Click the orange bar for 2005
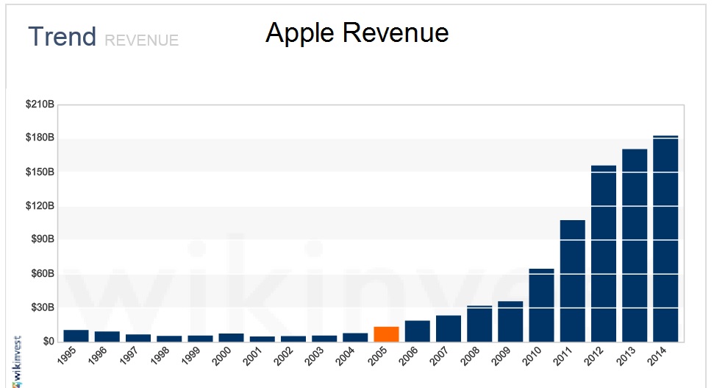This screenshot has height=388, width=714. (386, 334)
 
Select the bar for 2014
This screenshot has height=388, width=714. (665, 239)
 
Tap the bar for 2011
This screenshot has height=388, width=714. (572, 281)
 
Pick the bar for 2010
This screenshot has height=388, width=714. (541, 305)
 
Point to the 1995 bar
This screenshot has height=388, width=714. (76, 336)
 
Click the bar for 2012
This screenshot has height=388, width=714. (604, 253)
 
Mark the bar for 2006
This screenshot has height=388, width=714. (417, 331)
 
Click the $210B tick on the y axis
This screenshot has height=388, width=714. (40, 105)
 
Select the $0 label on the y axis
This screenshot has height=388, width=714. (47, 341)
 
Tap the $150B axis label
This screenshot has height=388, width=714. (40, 172)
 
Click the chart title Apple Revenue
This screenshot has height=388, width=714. (357, 33)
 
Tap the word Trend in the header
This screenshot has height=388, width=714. (63, 37)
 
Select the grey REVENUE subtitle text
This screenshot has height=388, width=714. (142, 40)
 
